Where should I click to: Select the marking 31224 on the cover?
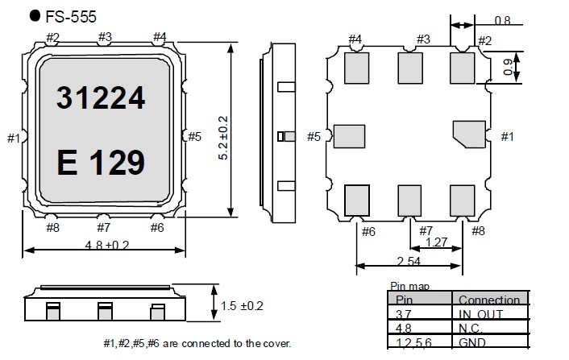pyautogui.click(x=101, y=97)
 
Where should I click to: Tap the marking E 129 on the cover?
pyautogui.click(x=101, y=163)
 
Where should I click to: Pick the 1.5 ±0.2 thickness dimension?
pyautogui.click(x=242, y=306)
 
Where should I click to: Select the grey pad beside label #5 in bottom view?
pyautogui.click(x=349, y=136)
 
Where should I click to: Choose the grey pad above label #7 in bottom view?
pyautogui.click(x=409, y=199)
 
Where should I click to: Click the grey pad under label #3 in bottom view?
pyautogui.click(x=409, y=66)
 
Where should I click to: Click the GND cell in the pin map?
pyautogui.click(x=474, y=342)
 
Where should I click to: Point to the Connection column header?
pyautogui.click(x=489, y=300)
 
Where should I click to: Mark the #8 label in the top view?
pyautogui.click(x=53, y=228)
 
